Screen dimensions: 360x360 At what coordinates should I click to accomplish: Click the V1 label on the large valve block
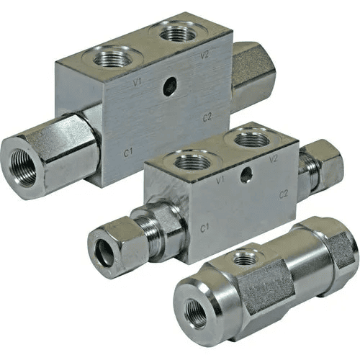[137, 83]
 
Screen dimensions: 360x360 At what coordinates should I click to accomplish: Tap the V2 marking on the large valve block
[205, 55]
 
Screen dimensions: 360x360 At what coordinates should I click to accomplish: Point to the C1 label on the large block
[128, 153]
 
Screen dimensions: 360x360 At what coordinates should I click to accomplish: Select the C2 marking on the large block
[207, 117]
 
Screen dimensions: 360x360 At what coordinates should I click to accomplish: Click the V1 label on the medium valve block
[220, 181]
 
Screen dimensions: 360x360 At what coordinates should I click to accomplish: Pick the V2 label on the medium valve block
[274, 159]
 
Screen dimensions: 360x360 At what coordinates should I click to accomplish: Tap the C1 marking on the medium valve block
[204, 228]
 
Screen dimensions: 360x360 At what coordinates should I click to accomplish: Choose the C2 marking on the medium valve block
[284, 194]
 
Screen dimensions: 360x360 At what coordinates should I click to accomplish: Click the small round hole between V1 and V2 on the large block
[170, 87]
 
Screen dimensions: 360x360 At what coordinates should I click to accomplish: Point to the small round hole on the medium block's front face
[247, 175]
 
